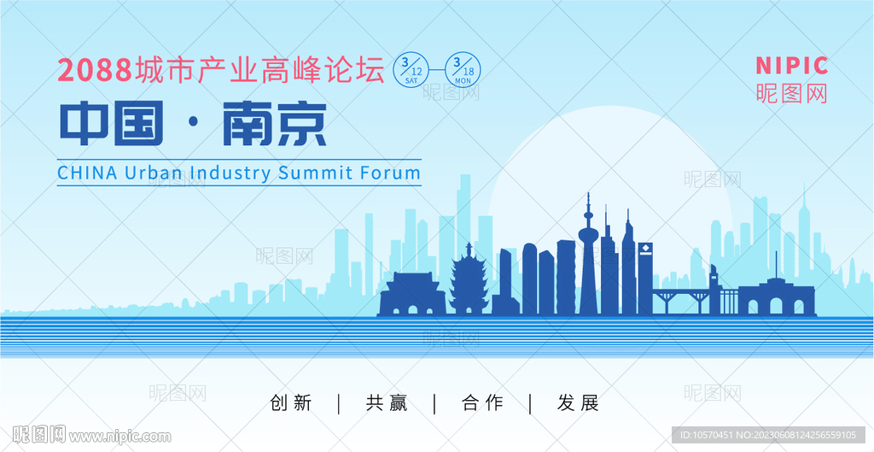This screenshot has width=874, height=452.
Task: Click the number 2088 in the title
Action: tap(95, 71)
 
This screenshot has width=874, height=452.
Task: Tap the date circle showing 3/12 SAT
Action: tap(411, 70)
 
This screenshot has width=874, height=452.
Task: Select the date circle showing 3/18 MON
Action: tap(463, 70)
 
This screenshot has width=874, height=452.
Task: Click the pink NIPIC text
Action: tap(791, 66)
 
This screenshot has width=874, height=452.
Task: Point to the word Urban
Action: tap(154, 173)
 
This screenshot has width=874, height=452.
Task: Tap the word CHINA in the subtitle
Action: tap(88, 173)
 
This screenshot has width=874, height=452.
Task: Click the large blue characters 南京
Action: tap(274, 123)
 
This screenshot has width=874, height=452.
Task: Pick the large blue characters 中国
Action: tap(112, 123)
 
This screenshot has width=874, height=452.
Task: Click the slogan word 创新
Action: tap(291, 403)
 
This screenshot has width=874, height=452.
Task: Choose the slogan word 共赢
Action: tap(387, 403)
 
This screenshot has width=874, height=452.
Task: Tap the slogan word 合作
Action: tap(483, 403)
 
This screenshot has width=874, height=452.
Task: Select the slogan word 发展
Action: tap(578, 403)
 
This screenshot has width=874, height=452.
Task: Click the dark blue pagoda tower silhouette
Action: tap(469, 282)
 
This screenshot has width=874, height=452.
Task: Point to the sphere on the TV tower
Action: tap(588, 232)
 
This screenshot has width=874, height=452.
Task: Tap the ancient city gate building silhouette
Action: tap(412, 294)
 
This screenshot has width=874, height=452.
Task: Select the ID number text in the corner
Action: tap(768, 435)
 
